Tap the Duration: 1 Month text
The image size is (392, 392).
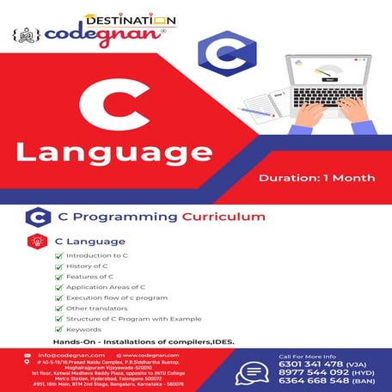coord(316,179)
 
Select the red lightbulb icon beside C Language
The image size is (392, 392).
coord(36,242)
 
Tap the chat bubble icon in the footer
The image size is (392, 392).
coord(253,371)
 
